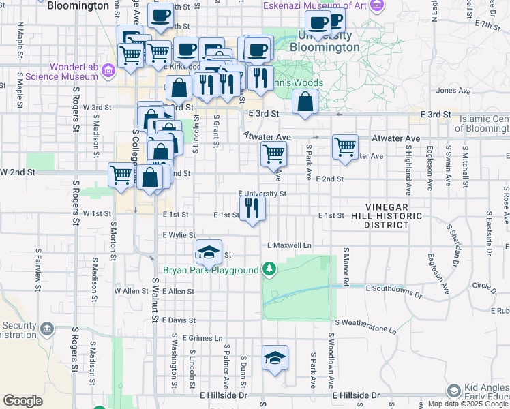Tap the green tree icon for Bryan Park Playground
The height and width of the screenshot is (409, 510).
click(x=270, y=270)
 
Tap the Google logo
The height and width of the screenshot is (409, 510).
click(x=22, y=400)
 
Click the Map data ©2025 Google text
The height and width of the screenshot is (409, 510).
click(x=468, y=404)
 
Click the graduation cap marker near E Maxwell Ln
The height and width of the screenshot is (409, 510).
click(x=209, y=252)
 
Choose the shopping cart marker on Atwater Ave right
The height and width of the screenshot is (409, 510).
click(x=346, y=147)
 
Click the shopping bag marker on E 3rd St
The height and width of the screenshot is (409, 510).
click(x=305, y=102)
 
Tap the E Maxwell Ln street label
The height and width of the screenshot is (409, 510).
click(x=289, y=245)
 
